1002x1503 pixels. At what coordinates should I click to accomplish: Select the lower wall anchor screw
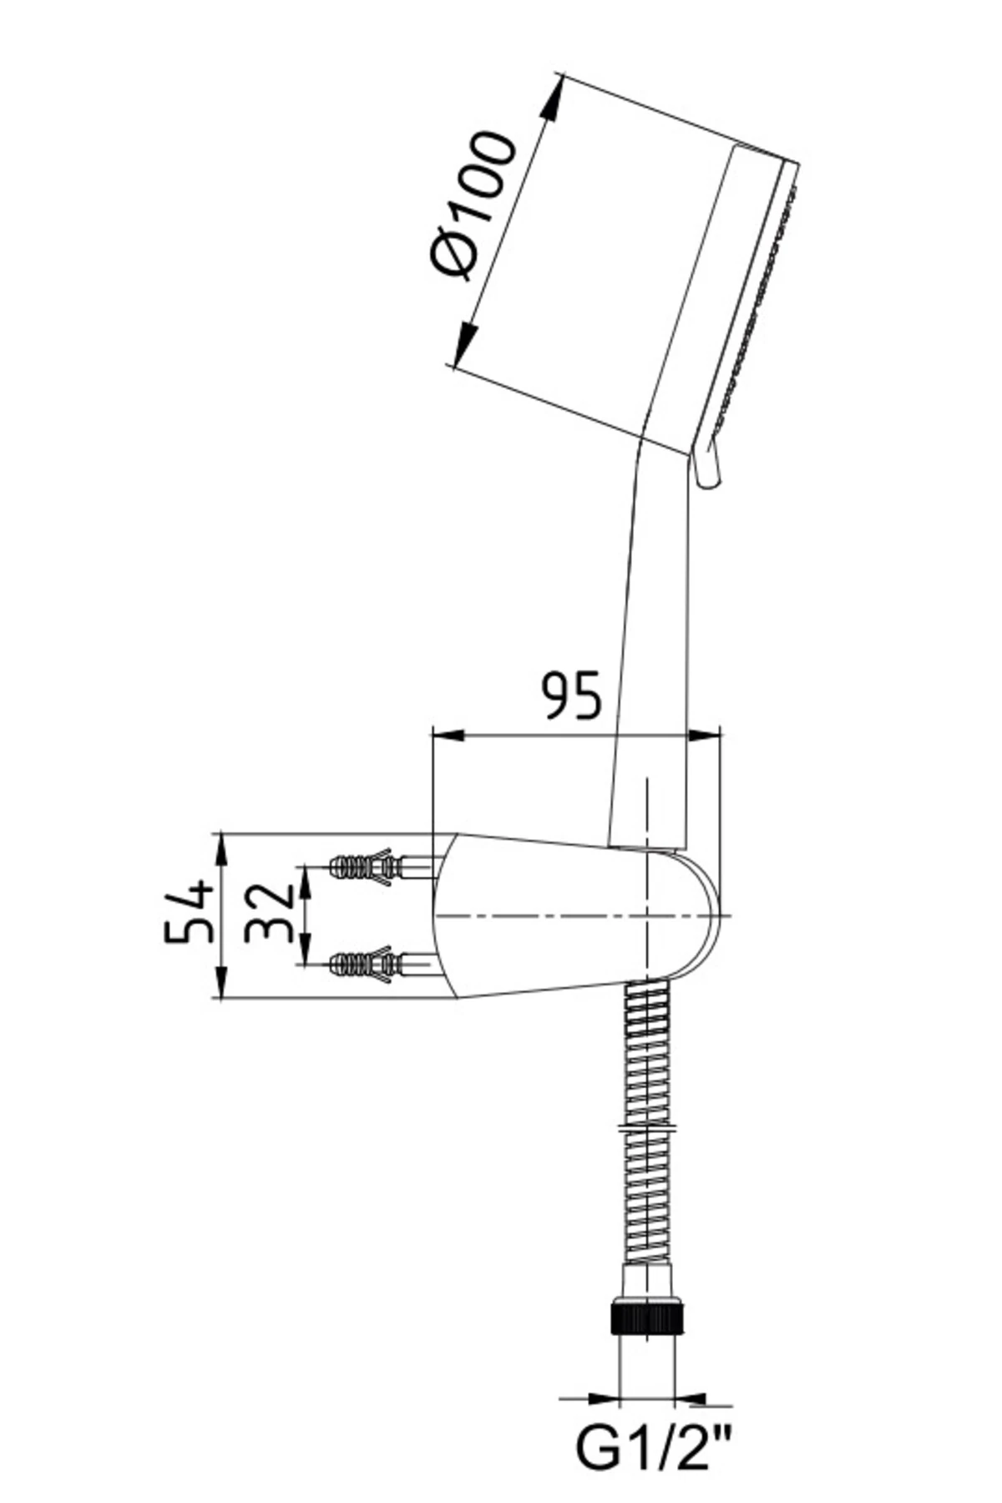pyautogui.click(x=381, y=965)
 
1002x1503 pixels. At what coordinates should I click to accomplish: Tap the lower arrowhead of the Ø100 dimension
pyautogui.click(x=466, y=345)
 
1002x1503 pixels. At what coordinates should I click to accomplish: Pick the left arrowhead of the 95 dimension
pyautogui.click(x=447, y=735)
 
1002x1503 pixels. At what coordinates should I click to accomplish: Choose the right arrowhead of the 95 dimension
pyautogui.click(x=703, y=735)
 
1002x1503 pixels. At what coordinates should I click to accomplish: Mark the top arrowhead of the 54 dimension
pyautogui.click(x=221, y=851)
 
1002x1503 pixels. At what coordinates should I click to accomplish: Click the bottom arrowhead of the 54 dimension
pyautogui.click(x=221, y=981)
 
